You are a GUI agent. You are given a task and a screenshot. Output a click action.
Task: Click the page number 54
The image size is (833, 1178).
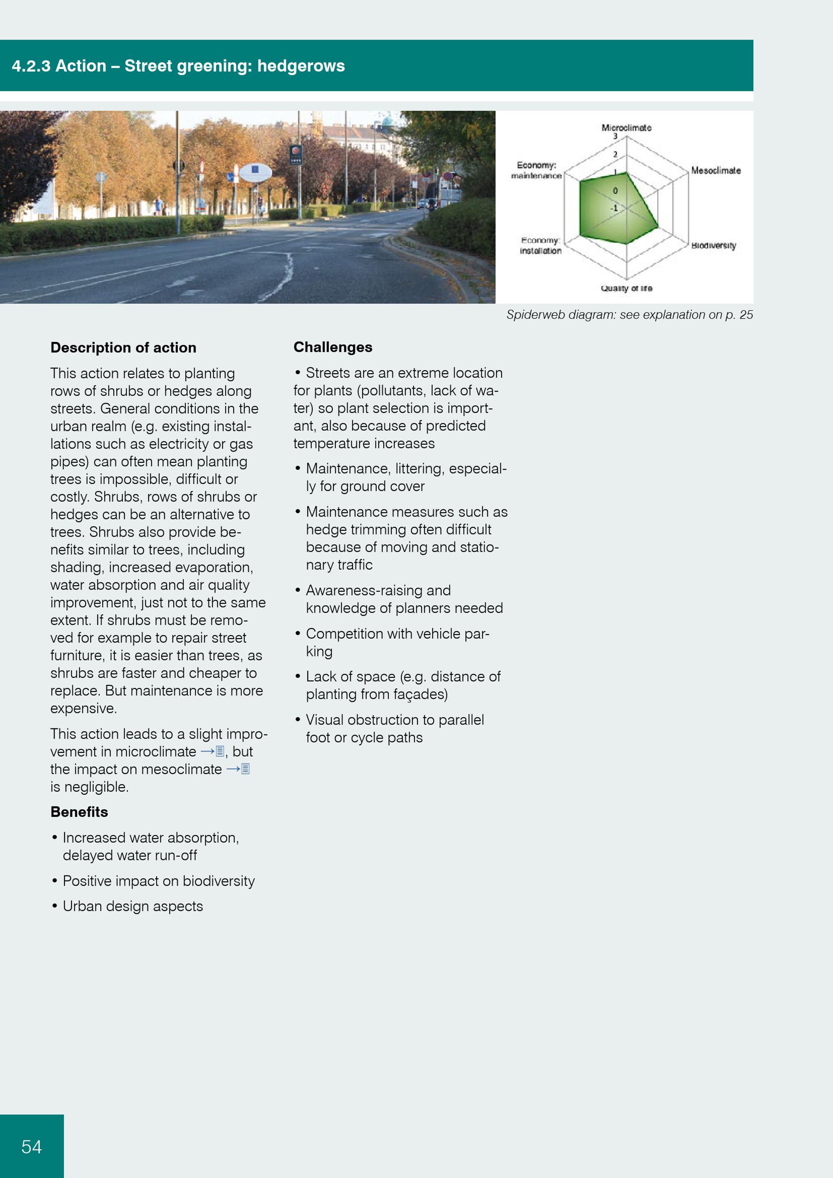tap(31, 1146)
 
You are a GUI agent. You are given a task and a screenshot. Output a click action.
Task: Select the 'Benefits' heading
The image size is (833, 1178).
tap(79, 812)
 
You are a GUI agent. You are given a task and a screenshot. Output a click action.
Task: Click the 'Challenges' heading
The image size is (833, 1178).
tap(332, 347)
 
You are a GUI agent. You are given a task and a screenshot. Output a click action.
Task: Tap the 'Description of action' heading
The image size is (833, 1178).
tap(123, 348)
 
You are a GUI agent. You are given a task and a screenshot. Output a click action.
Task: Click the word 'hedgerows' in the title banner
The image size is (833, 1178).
tap(301, 66)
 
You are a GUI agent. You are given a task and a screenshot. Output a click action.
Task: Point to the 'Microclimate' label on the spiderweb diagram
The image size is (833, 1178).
tap(626, 127)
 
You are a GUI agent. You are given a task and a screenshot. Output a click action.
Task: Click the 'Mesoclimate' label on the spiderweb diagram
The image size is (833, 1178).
tap(716, 170)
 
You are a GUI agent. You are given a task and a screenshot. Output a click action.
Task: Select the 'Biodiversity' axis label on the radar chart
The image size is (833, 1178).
tap(713, 245)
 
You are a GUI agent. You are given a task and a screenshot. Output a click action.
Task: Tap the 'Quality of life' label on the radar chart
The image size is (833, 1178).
tap(626, 288)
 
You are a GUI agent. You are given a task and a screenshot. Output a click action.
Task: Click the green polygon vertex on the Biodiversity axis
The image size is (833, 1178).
tap(658, 226)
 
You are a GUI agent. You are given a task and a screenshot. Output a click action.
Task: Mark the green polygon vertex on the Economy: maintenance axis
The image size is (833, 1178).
tap(580, 181)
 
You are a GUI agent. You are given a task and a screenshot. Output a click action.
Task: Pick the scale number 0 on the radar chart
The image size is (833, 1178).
tap(616, 191)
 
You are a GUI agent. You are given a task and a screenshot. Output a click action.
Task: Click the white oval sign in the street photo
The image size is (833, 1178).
tap(255, 172)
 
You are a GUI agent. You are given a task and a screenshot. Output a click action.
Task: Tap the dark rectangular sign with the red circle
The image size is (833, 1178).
tap(296, 155)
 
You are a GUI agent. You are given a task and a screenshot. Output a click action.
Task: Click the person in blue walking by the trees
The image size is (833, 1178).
tap(159, 205)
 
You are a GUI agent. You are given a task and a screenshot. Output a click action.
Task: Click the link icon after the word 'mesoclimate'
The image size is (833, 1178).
tap(245, 769)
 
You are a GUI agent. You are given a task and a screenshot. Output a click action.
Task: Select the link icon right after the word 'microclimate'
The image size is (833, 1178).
tap(219, 751)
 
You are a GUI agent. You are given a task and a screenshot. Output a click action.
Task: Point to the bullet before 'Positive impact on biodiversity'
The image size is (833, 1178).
tap(55, 881)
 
